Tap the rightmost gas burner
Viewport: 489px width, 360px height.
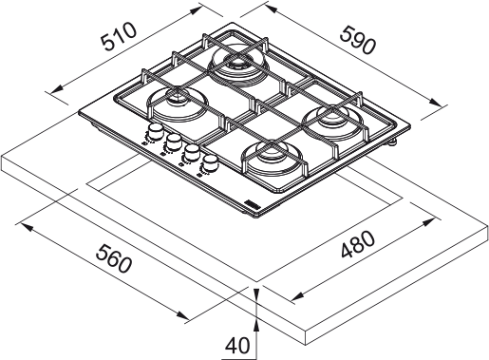[x=332, y=120]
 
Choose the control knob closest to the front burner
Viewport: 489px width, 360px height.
[x=209, y=165]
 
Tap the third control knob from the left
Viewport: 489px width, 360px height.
[x=191, y=155]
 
